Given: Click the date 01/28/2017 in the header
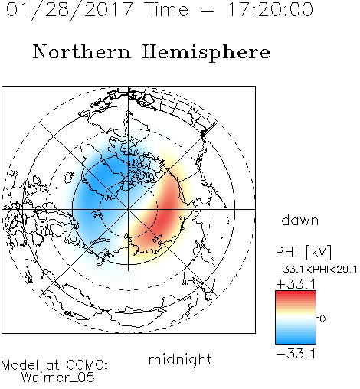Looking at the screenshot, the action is [x=69, y=10].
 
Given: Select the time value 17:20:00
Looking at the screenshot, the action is [x=270, y=9].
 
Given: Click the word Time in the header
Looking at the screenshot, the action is [x=166, y=9].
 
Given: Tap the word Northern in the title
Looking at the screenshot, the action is [x=82, y=52].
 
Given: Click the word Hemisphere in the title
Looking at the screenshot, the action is [x=206, y=53].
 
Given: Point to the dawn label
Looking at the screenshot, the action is [x=300, y=221].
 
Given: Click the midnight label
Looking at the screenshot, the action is [x=180, y=359].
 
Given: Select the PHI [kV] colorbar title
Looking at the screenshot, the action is [x=303, y=252].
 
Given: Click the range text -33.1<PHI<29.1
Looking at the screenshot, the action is [x=316, y=270].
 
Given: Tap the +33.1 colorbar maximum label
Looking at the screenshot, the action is [x=296, y=284].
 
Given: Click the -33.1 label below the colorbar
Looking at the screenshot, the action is [x=296, y=354].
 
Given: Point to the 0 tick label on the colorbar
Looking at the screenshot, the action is [x=322, y=319].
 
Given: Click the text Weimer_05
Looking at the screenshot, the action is [x=58, y=378].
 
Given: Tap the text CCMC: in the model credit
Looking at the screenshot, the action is [x=87, y=365].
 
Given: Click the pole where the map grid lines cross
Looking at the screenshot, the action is [x=129, y=209].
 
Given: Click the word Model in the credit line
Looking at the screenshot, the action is [x=20, y=365].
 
